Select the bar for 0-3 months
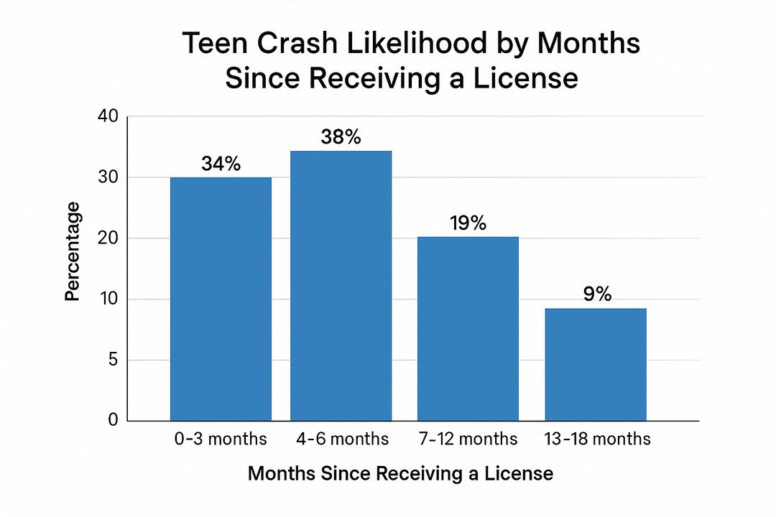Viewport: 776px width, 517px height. pyautogui.click(x=221, y=299)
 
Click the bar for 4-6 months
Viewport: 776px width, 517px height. pyautogui.click(x=341, y=286)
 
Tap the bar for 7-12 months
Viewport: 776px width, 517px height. pyautogui.click(x=468, y=329)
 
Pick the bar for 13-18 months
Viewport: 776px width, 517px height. pyautogui.click(x=596, y=365)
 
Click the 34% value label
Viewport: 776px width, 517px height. pyautogui.click(x=221, y=164)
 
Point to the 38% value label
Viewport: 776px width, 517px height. pyautogui.click(x=341, y=136)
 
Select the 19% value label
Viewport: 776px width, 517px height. pyautogui.click(x=468, y=223)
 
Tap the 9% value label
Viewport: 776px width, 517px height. pyautogui.click(x=596, y=294)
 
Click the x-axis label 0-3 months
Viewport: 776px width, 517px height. pyautogui.click(x=221, y=439)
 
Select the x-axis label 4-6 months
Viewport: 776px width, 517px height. pyautogui.click(x=341, y=439)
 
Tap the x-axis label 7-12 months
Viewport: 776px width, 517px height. pyautogui.click(x=468, y=439)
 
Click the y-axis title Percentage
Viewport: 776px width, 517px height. pyautogui.click(x=73, y=251)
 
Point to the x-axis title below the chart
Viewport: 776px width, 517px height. pyautogui.click(x=400, y=474)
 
